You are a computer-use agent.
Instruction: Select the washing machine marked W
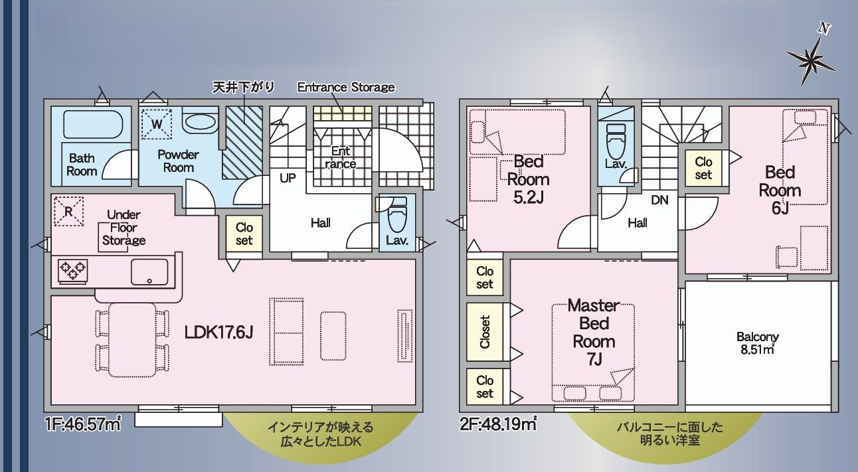pyautogui.click(x=157, y=123)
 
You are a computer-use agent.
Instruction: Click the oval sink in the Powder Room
pyautogui.click(x=199, y=122)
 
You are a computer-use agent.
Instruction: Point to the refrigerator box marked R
pyautogui.click(x=68, y=212)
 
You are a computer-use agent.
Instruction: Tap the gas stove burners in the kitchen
pyautogui.click(x=72, y=270)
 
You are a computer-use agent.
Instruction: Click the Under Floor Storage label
pyautogui.click(x=122, y=227)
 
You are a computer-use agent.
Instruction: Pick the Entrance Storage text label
pyautogui.click(x=345, y=87)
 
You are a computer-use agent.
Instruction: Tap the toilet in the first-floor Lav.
pyautogui.click(x=397, y=216)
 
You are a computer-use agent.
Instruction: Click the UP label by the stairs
pyautogui.click(x=288, y=178)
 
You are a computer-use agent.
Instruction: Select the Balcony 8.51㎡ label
pyautogui.click(x=757, y=343)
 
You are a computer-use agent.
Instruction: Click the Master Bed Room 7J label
pyautogui.click(x=594, y=332)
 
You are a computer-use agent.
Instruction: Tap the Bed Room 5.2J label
pyautogui.click(x=528, y=179)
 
